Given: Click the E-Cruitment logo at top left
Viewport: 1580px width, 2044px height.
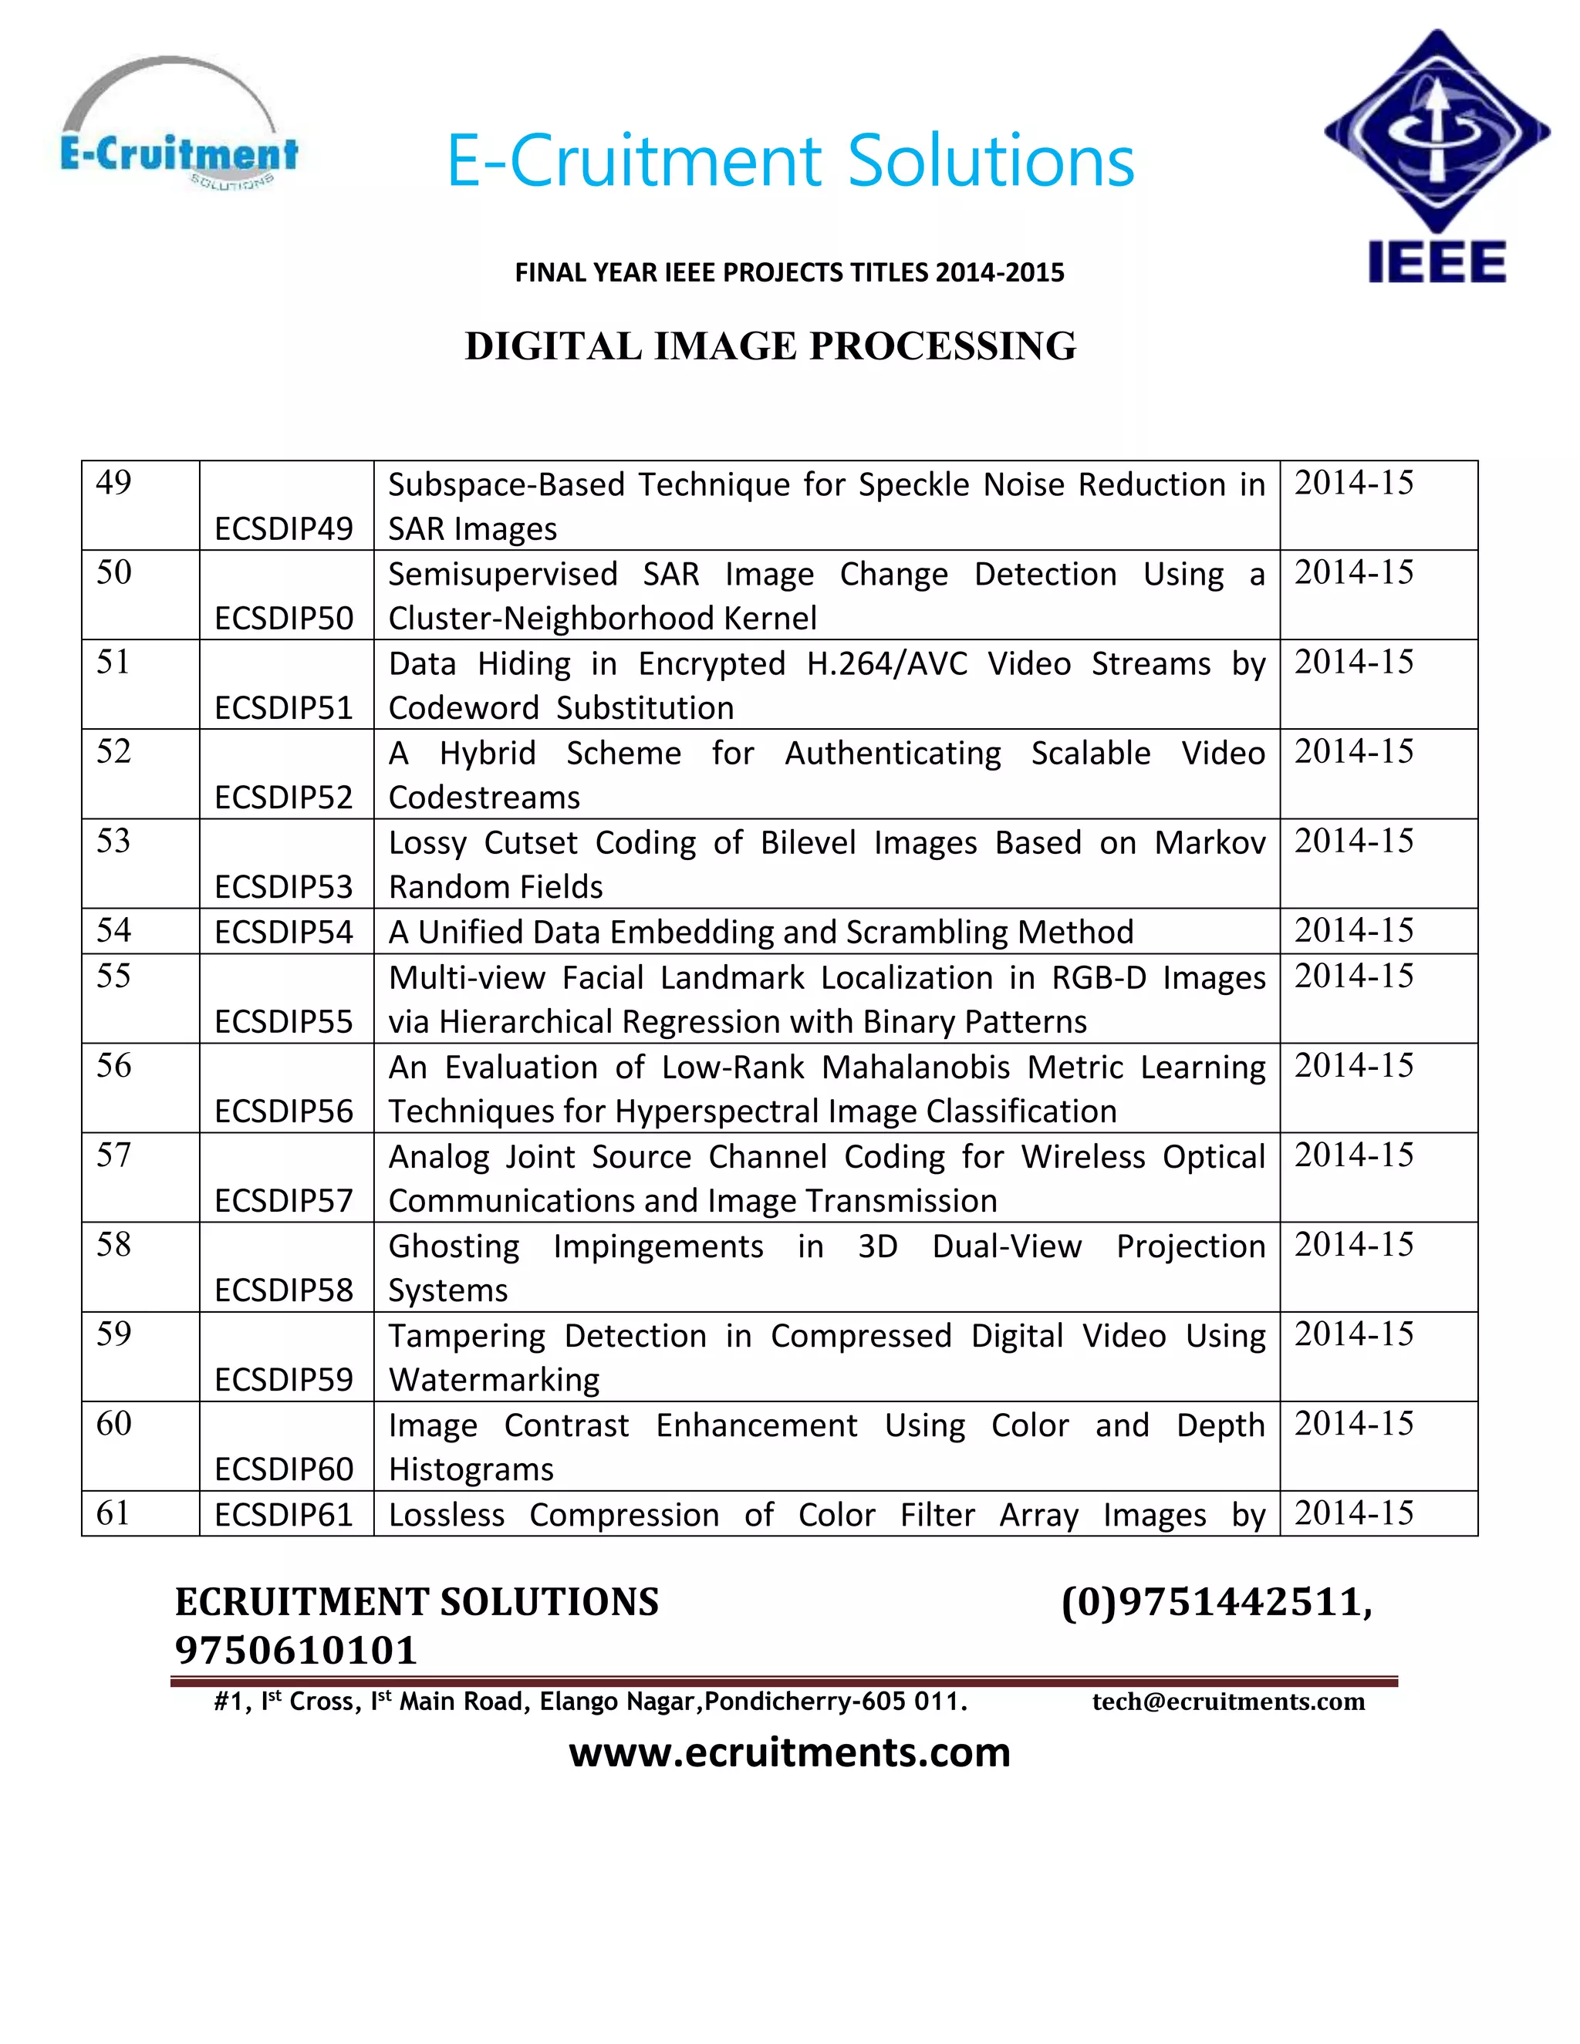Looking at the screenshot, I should click(178, 126).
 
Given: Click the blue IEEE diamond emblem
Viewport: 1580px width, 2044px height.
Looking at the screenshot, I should click(1437, 131).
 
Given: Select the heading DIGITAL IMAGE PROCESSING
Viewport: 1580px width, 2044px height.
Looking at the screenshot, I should click(771, 346).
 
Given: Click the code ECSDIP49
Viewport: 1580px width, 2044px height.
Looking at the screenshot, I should click(284, 529).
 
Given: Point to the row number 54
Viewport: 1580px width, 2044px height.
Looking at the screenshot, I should click(113, 930).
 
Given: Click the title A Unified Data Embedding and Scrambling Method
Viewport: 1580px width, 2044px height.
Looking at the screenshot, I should click(760, 933).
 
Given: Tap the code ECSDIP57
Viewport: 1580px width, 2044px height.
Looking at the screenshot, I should click(284, 1201).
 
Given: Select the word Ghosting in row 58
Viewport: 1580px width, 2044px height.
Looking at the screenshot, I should click(454, 1246).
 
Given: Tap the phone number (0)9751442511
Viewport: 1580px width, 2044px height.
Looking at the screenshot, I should click(1215, 1602).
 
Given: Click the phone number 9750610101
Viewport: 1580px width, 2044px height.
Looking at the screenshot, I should click(295, 1650).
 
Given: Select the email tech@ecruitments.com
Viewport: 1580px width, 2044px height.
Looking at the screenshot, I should click(1228, 1702).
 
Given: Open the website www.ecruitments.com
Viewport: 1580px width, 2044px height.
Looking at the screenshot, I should click(789, 1752).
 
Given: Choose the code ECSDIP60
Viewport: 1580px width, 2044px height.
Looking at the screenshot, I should click(284, 1469).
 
